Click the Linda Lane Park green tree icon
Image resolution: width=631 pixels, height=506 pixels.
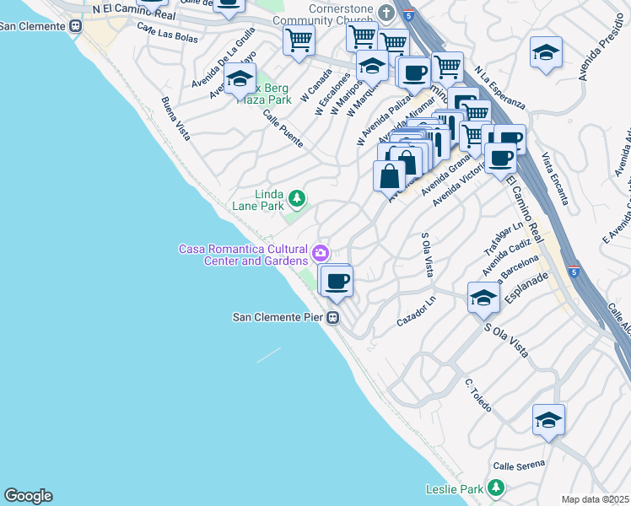tap(296, 198)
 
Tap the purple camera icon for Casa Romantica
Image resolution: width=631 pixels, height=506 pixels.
tap(321, 252)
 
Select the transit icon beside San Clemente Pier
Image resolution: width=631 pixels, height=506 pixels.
tap(334, 318)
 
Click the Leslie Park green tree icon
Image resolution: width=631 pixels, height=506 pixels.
tap(497, 487)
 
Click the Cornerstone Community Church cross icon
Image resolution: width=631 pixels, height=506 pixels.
tap(386, 13)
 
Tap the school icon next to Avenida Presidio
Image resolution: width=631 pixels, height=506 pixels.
tap(546, 52)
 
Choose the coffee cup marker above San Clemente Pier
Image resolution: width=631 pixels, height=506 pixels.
tap(337, 281)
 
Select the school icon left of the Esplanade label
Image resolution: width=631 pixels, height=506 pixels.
tap(483, 298)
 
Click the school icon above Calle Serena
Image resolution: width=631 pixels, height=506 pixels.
tap(548, 419)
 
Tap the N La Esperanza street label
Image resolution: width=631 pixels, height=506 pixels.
tap(499, 89)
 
